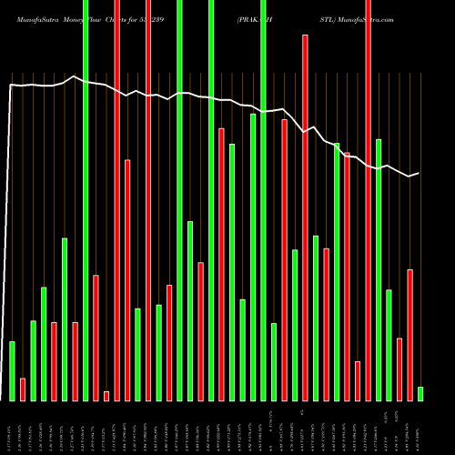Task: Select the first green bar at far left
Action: coord(13,370)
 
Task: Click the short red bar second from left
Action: coord(23,389)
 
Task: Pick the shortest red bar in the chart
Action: coord(106,395)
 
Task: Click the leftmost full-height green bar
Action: coord(86,200)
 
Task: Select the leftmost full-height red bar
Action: coord(117,200)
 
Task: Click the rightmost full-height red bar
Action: coord(368,200)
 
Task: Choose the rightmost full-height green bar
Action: coord(263,200)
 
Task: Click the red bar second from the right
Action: coord(409,334)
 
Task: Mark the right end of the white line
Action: coord(419,173)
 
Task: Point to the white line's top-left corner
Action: coord(10,85)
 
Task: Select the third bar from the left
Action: coord(34,360)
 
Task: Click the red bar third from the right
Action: coord(399,369)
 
